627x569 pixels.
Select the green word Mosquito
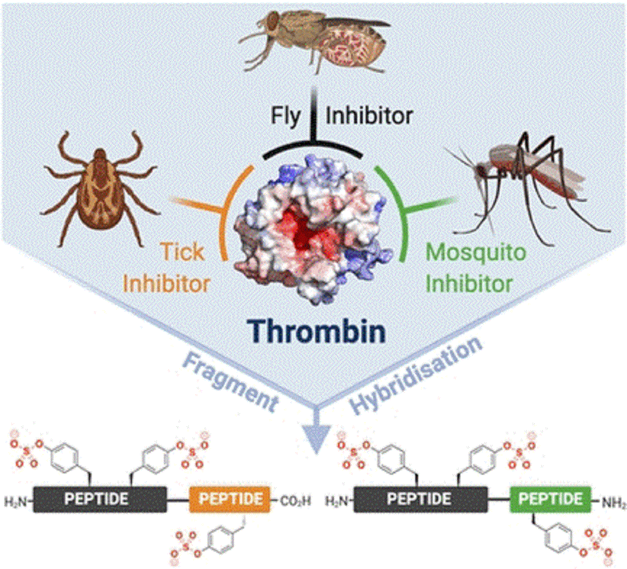tap(476, 253)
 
